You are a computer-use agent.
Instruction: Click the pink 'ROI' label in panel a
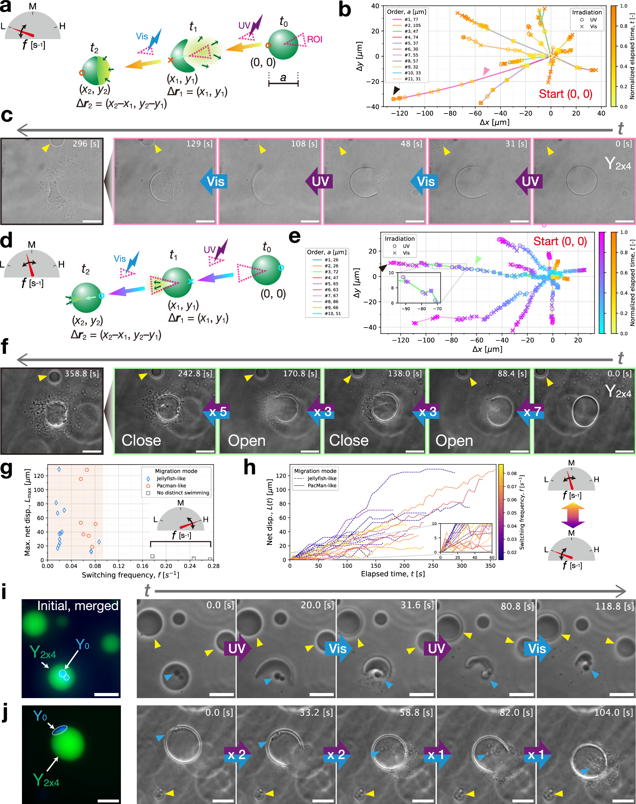tap(314, 39)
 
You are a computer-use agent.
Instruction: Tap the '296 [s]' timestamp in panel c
tap(86, 144)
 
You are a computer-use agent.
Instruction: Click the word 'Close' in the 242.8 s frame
tap(141, 440)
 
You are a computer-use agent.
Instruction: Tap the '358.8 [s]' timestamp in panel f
tap(82, 373)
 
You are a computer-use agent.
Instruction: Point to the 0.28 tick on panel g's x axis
tap(213, 566)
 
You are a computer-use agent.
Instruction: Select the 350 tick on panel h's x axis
tap(490, 566)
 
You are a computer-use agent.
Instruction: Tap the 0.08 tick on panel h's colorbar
tap(512, 473)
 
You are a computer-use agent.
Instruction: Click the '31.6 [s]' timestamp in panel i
tap(417, 605)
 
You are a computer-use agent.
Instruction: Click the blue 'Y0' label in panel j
tap(40, 715)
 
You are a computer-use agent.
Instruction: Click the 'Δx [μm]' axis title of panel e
tap(487, 349)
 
